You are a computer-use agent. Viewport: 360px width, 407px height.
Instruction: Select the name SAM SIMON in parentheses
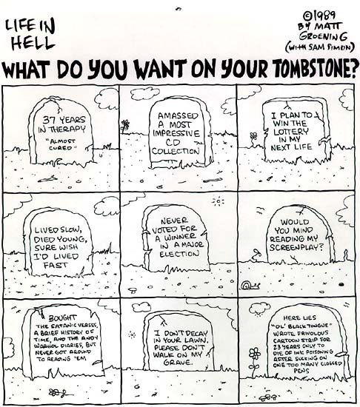[330, 47]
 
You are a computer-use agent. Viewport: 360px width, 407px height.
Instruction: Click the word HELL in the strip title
[33, 43]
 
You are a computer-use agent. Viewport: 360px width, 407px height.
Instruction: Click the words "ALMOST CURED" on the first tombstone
[61, 145]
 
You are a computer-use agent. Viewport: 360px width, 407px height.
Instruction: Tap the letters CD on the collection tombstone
[173, 143]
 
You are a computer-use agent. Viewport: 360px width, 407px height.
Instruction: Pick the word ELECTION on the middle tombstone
[179, 254]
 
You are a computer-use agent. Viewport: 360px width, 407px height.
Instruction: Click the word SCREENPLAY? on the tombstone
[297, 247]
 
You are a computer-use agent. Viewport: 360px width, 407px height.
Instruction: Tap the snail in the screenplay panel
[250, 286]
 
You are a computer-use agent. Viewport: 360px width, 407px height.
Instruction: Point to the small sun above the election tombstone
[219, 201]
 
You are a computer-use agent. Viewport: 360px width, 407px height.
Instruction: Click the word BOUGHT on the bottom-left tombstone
[62, 318]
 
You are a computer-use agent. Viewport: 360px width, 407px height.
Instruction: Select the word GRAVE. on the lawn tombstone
[179, 362]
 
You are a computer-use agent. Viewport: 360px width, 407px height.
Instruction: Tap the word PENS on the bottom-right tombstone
[301, 371]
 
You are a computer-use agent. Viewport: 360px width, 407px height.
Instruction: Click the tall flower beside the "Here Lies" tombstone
[255, 362]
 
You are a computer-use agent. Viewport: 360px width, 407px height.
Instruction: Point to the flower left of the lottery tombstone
[254, 138]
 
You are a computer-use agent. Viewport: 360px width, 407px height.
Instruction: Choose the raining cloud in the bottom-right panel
[260, 309]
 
